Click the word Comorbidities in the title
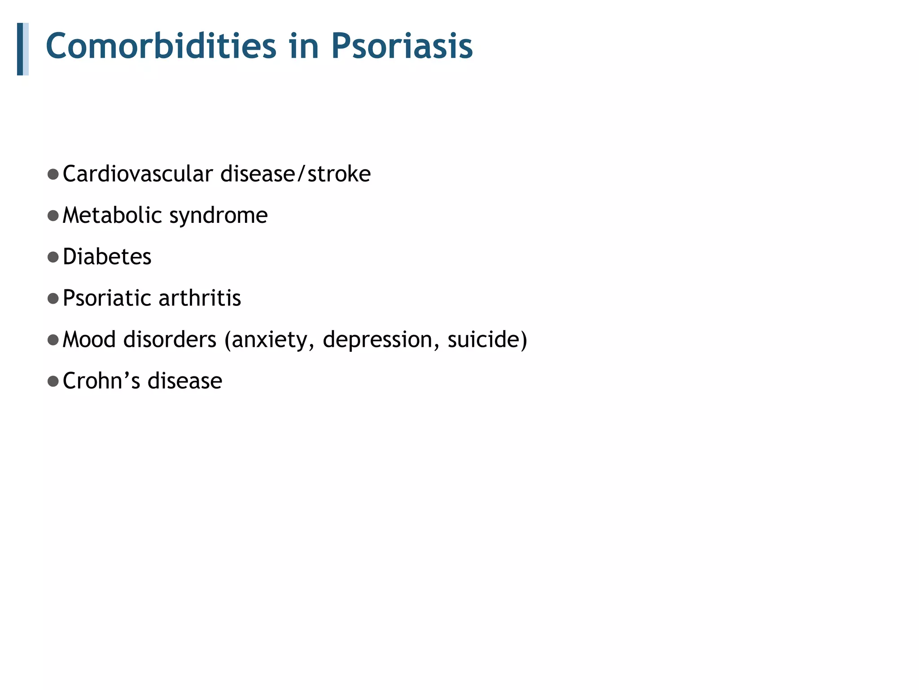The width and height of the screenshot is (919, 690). point(161,46)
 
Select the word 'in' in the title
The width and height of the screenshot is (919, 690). point(304,46)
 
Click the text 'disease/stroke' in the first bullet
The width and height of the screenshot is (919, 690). point(296,174)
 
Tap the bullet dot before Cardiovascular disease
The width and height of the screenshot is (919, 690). point(53,174)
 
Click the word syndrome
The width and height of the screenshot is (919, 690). point(219,216)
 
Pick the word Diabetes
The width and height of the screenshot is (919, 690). point(107,257)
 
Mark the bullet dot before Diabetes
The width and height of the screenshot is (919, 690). point(53,257)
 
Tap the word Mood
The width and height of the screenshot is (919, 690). point(89,339)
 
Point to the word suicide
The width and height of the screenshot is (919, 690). point(484,339)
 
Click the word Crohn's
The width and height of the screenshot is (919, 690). point(101,381)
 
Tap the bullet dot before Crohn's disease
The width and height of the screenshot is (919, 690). point(53,381)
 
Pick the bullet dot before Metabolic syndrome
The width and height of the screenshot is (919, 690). point(53,216)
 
